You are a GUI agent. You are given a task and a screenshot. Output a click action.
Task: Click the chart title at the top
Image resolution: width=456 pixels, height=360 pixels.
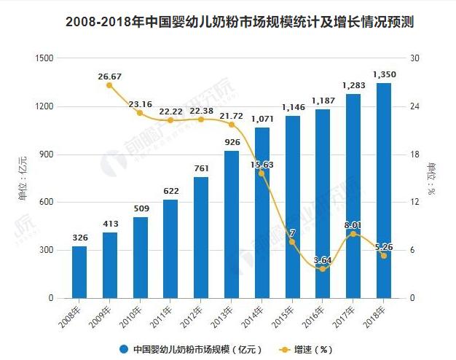click(x=228, y=22)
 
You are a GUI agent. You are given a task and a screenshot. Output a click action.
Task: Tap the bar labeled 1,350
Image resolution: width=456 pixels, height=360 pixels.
click(x=383, y=191)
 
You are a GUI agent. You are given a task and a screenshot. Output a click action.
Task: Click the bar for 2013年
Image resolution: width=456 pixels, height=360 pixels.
click(x=232, y=224)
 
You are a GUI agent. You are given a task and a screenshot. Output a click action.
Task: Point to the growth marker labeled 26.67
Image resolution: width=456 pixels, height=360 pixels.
click(x=109, y=85)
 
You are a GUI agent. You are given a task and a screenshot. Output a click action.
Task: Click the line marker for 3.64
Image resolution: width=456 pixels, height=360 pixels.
click(x=323, y=269)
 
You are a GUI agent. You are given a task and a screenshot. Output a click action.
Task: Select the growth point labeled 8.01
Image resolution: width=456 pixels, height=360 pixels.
click(x=353, y=234)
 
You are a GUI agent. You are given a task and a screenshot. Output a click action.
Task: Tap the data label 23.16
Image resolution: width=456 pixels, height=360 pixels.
click(x=141, y=103)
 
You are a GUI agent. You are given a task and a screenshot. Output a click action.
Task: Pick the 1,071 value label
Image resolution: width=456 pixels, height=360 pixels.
click(x=262, y=119)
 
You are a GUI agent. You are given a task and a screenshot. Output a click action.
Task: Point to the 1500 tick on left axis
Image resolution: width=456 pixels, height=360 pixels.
click(x=44, y=58)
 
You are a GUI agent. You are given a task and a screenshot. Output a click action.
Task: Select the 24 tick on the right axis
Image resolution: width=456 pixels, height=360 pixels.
click(x=416, y=106)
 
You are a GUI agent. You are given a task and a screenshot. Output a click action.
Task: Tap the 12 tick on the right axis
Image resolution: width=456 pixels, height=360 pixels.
click(x=416, y=202)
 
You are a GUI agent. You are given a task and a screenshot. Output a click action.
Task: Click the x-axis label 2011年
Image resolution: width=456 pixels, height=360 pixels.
click(x=162, y=316)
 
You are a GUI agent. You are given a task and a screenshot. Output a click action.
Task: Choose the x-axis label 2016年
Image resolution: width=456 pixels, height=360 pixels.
click(x=315, y=316)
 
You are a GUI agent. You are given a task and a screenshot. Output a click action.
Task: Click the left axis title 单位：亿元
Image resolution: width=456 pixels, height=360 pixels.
click(x=23, y=179)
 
